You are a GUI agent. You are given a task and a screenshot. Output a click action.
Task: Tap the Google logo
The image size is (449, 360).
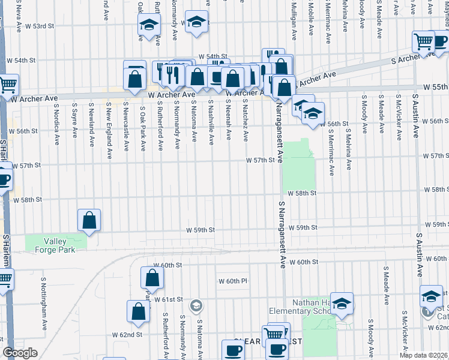click(20, 353)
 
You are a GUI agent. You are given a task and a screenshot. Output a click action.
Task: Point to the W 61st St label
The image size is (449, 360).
click(167, 299)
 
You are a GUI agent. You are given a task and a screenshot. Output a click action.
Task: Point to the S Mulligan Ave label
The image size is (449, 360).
click(294, 20)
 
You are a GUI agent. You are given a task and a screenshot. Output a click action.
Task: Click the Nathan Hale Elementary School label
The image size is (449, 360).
click(312, 307)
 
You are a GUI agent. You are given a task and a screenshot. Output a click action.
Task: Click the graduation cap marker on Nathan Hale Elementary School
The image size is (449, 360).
click(342, 304)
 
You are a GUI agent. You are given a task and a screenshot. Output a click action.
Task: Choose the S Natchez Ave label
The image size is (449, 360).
click(245, 121)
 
